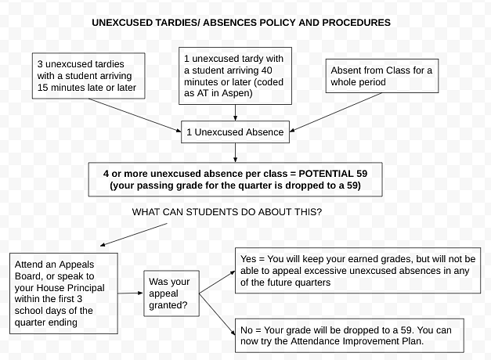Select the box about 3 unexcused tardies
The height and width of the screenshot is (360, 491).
[88, 76]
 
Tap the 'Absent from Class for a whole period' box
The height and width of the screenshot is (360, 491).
[382, 76]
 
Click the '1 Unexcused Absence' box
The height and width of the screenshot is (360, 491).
[235, 131]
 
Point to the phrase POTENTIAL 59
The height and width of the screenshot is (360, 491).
[333, 174]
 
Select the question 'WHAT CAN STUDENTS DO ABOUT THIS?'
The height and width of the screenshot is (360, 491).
[227, 212]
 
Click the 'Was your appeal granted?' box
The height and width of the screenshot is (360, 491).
[171, 293]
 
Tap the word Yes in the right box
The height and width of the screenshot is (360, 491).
[248, 259]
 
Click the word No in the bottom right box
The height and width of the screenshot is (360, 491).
[247, 330]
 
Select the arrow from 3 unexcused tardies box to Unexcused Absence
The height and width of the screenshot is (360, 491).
[135, 115]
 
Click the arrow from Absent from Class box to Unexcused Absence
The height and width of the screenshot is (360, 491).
[336, 112]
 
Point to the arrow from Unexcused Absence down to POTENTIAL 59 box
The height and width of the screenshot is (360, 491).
[235, 153]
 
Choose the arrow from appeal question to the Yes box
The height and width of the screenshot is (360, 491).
[218, 282]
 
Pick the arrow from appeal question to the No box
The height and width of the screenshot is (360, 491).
[218, 314]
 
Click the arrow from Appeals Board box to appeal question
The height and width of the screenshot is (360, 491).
[131, 293]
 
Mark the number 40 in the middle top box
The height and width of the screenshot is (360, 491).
[266, 70]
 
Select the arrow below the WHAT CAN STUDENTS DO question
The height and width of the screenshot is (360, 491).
[134, 235]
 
